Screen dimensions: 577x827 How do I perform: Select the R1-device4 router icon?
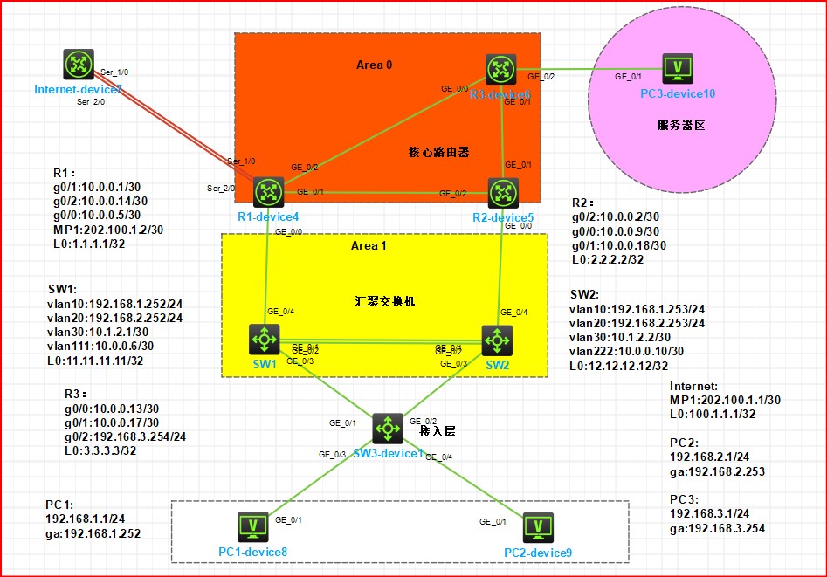[x=265, y=191]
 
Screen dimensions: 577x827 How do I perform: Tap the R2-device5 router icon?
[x=501, y=191]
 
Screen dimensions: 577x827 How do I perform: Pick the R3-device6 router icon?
[x=500, y=68]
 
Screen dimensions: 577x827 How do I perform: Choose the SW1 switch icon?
[x=263, y=338]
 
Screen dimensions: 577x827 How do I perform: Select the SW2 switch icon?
[x=497, y=338]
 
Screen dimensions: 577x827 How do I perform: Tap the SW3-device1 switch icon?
[x=387, y=428]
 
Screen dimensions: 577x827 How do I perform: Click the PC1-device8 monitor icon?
[x=253, y=526]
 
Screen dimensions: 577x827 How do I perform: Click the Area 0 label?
[x=376, y=65]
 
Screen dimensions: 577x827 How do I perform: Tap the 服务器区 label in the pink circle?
[x=680, y=125]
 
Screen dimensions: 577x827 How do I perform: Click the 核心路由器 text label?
[x=439, y=152]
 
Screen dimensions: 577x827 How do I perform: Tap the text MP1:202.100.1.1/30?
[x=722, y=400]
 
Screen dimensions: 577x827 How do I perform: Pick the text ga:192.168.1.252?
[x=93, y=533]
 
